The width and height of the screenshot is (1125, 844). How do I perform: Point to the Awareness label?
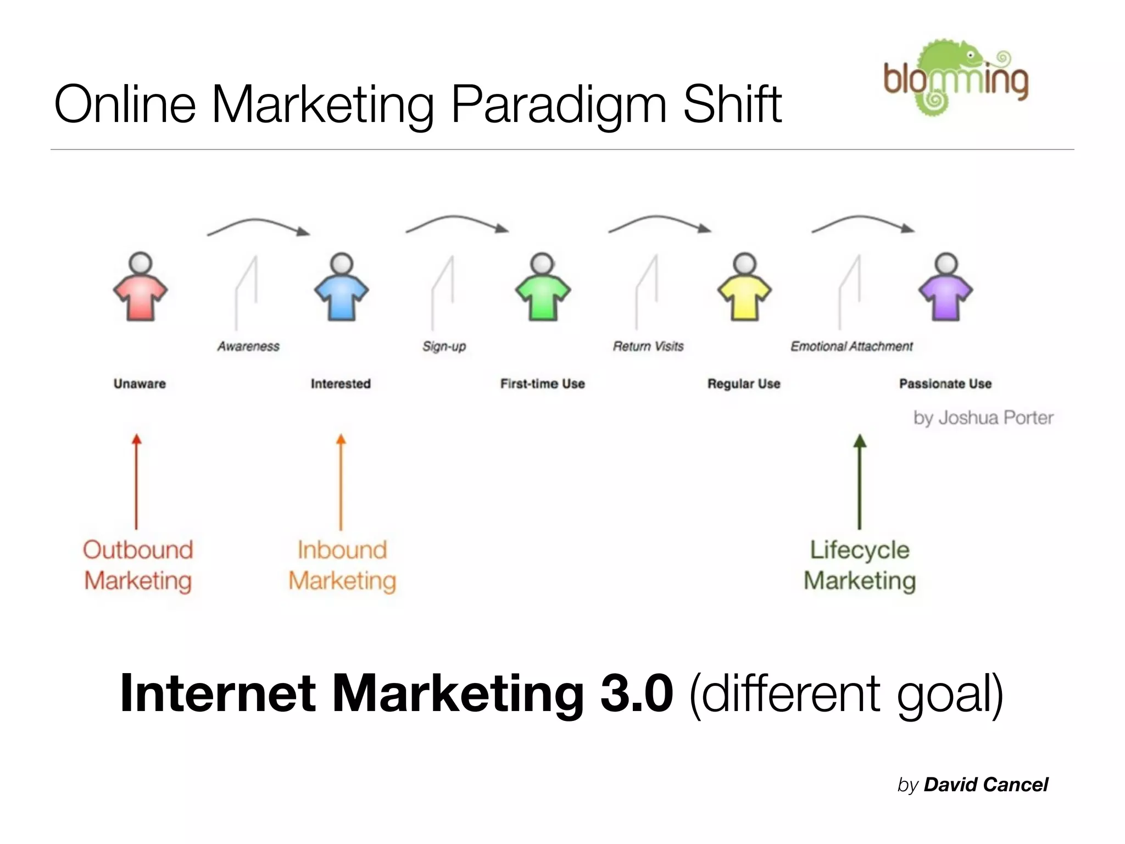click(x=248, y=346)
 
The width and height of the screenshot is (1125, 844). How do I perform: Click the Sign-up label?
click(x=444, y=346)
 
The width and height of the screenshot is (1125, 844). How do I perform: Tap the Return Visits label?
click(x=648, y=346)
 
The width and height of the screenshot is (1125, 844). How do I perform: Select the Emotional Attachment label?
click(x=851, y=346)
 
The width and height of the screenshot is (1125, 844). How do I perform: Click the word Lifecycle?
click(x=860, y=550)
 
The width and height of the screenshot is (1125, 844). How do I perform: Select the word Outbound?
click(x=138, y=550)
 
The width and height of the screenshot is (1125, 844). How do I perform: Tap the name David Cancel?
click(x=985, y=785)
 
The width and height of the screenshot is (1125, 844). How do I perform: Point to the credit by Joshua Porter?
click(x=983, y=418)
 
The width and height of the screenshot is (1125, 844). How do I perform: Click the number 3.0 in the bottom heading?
click(x=637, y=693)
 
